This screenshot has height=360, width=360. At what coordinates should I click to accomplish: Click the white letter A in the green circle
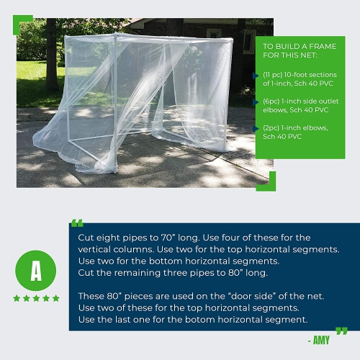point(36,270)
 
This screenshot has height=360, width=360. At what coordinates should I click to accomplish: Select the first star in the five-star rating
point(17,298)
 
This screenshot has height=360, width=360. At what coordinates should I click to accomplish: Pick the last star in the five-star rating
point(56,298)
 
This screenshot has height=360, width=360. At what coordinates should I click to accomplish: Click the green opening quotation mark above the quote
point(78,223)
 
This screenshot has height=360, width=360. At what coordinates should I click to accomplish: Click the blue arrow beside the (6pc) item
point(257,102)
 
